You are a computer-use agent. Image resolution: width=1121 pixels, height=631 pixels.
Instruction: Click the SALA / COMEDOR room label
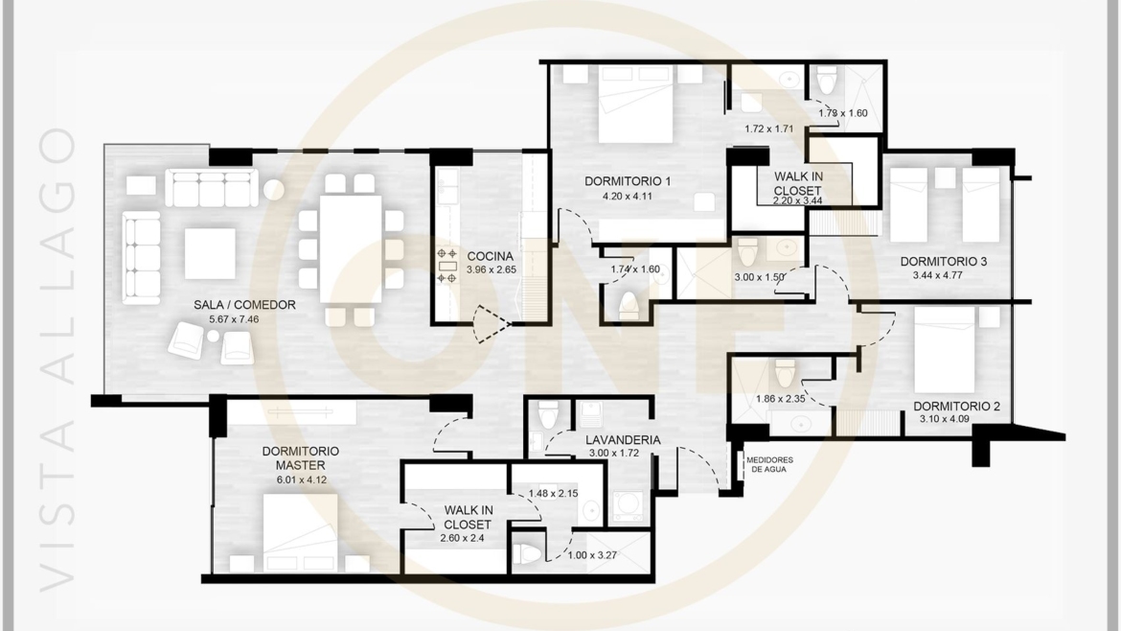click(x=243, y=305)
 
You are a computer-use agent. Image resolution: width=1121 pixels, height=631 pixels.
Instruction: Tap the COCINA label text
click(x=491, y=256)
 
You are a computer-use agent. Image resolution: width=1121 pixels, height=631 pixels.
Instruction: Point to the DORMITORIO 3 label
click(x=943, y=262)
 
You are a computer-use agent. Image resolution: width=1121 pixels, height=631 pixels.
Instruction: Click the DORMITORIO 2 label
click(x=956, y=406)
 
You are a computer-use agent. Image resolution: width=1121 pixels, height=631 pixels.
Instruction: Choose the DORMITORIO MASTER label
click(x=300, y=457)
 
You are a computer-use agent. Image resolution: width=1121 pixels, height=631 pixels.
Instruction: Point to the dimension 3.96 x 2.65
click(x=491, y=270)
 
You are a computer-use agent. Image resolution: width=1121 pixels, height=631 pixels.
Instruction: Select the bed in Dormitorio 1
click(x=636, y=107)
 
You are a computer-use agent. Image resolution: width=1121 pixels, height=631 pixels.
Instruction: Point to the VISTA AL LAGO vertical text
click(x=59, y=355)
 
